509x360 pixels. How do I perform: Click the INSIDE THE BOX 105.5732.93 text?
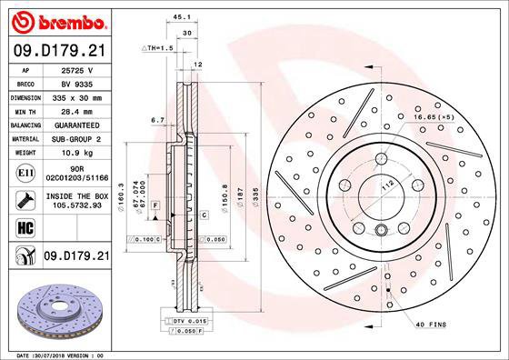tap(77, 200)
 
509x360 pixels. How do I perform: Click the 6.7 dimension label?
tap(155, 119)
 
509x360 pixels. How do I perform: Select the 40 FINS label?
tap(432, 325)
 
